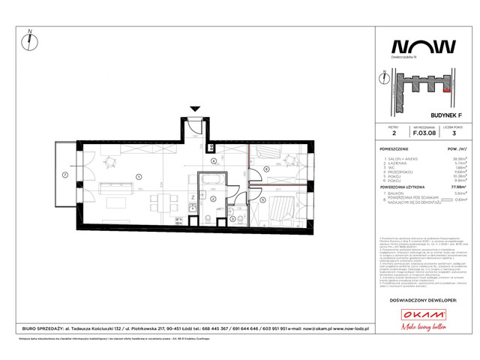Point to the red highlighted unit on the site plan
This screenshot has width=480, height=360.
(447, 89)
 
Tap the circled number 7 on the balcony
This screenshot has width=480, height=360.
(65, 175)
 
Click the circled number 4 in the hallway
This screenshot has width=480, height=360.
(214, 161)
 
